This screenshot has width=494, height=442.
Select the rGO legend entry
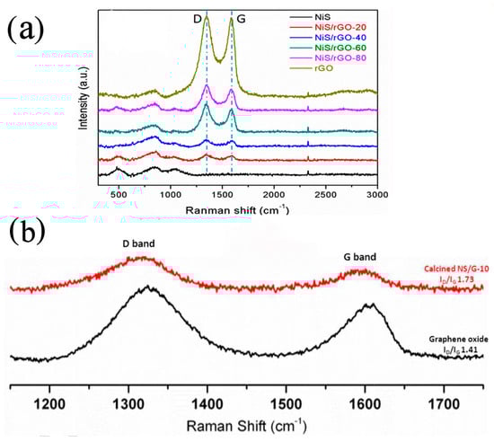(323, 69)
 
